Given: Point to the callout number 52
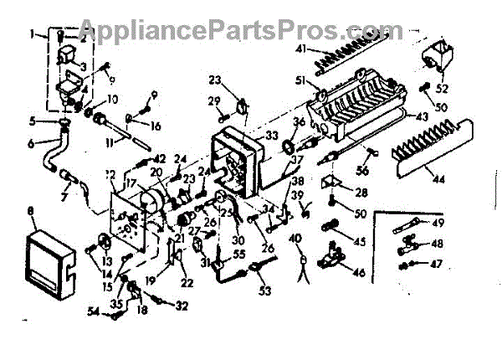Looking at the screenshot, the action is point(442,89).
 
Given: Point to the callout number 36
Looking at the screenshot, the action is point(299,122).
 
